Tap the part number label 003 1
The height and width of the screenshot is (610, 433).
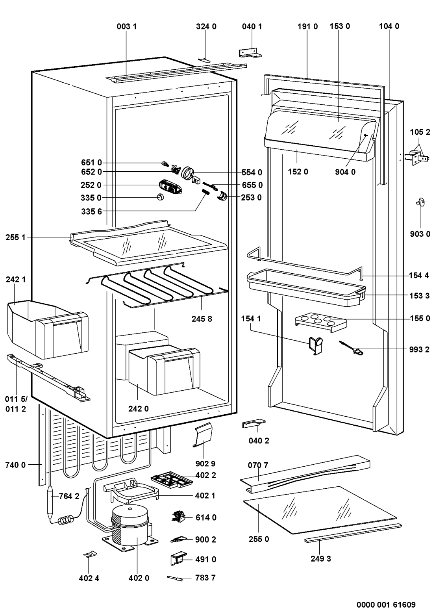point(126,26)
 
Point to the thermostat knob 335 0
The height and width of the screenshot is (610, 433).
point(160,197)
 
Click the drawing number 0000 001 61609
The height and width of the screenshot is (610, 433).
point(386,604)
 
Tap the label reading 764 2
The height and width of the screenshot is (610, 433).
point(69,496)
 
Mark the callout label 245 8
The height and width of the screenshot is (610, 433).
point(202,319)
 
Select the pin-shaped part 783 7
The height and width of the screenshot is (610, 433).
point(174,578)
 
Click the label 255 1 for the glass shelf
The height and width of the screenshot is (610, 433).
point(15,237)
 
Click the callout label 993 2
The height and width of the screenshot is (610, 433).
point(419,349)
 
